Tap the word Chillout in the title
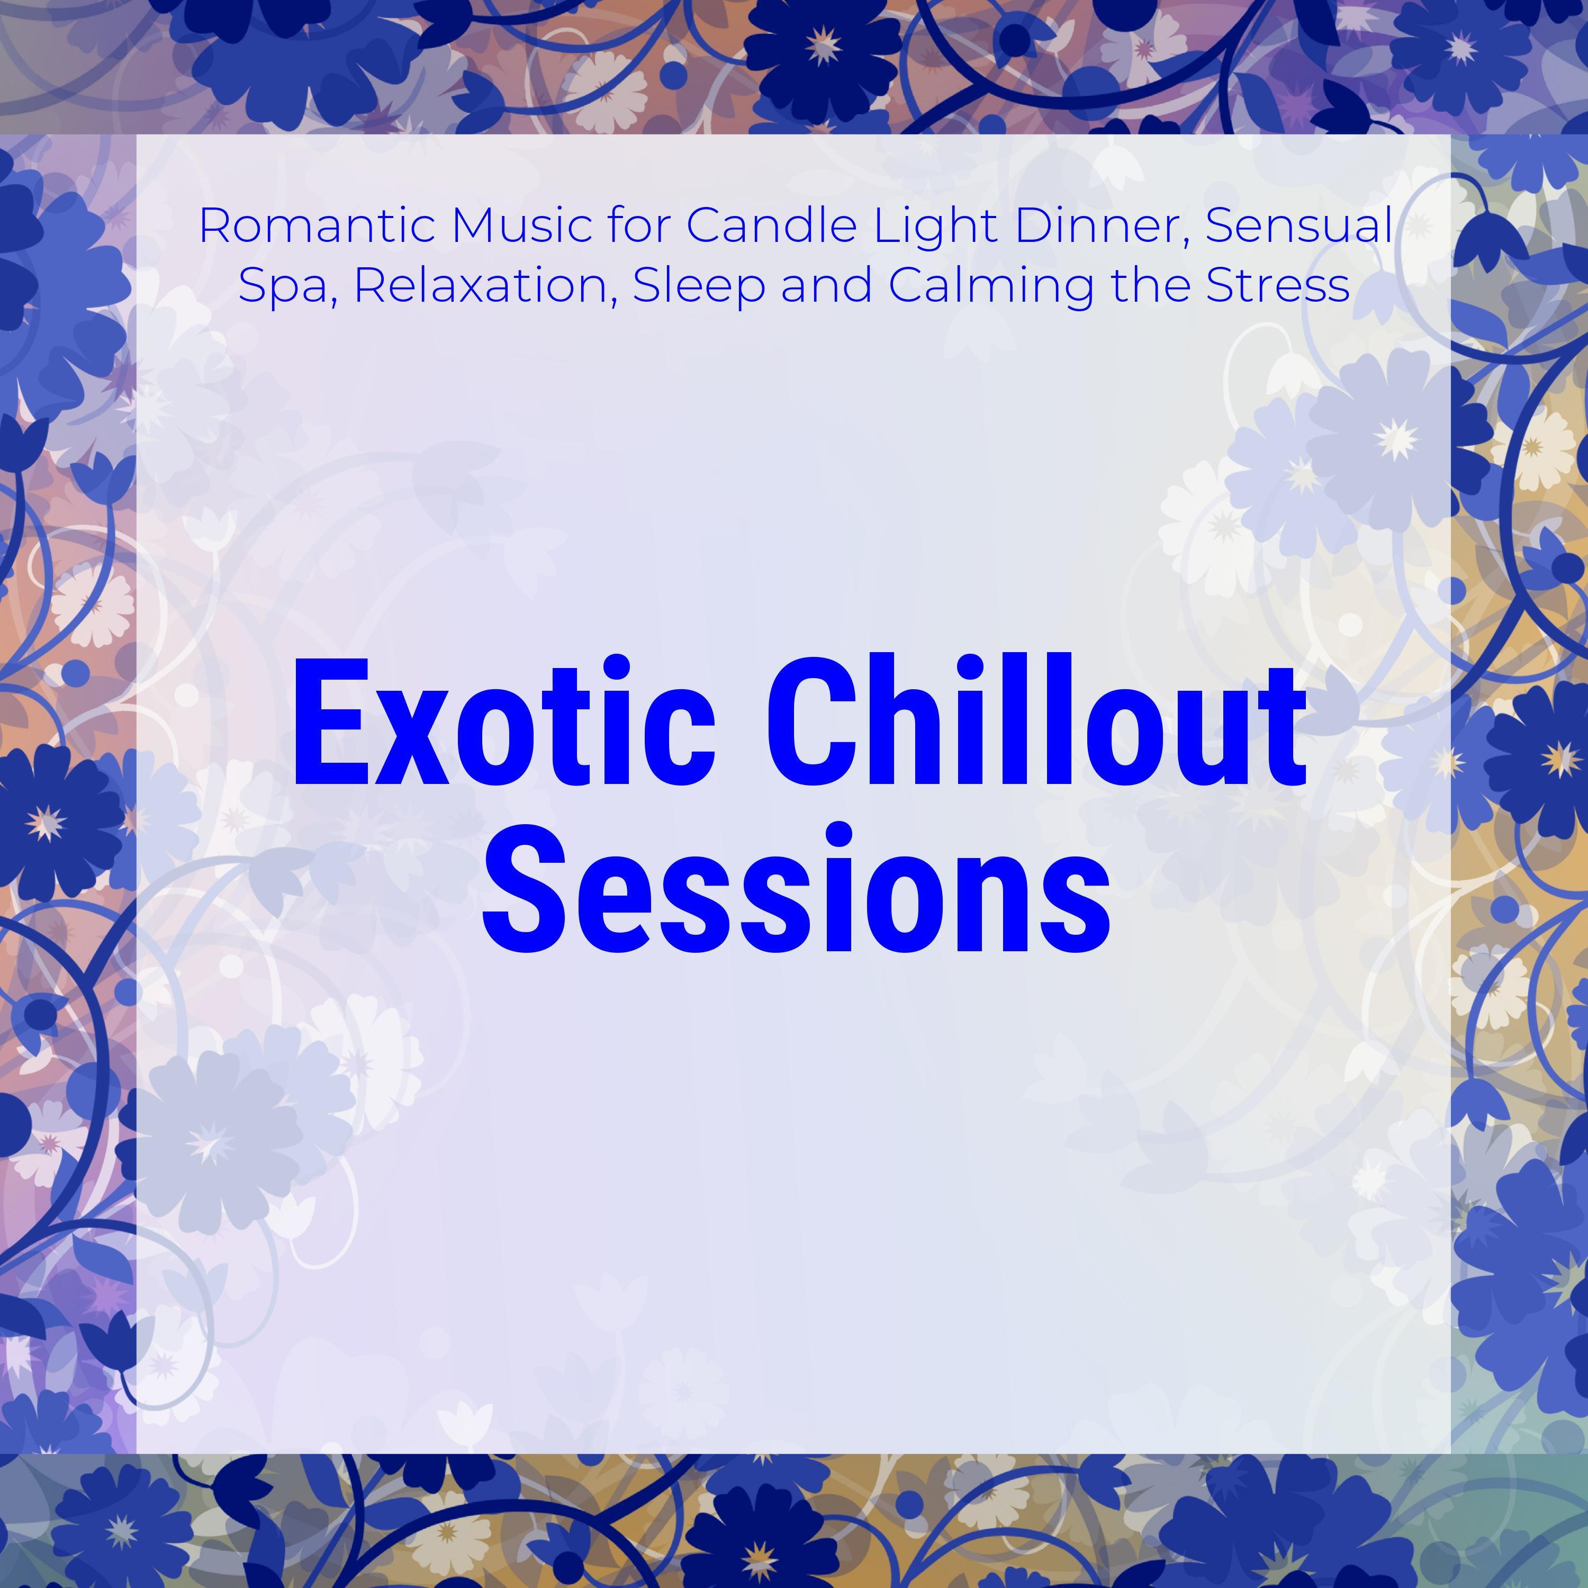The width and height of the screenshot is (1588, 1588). [x=1036, y=723]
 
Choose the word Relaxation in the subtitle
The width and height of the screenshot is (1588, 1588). [x=485, y=286]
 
